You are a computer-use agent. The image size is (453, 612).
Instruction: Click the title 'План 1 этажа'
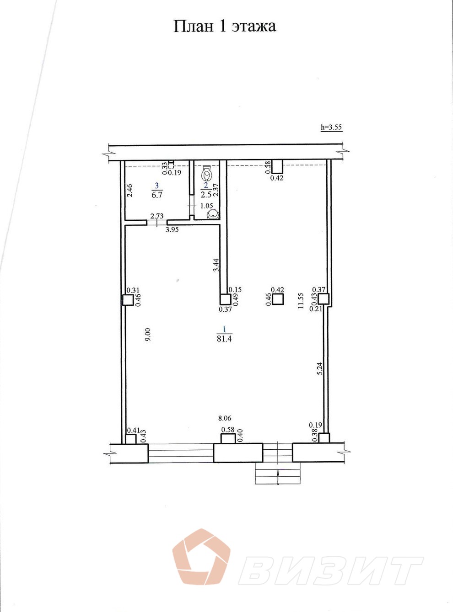click(x=225, y=27)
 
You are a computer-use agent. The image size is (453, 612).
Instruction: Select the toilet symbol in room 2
click(x=207, y=173)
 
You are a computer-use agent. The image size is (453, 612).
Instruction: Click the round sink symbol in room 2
click(x=213, y=214)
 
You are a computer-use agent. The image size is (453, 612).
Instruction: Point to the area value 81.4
click(x=224, y=339)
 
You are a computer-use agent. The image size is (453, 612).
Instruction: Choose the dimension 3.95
click(x=172, y=229)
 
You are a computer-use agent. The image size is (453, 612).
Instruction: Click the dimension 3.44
click(x=216, y=265)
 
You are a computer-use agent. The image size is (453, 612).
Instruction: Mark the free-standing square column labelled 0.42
click(x=278, y=299)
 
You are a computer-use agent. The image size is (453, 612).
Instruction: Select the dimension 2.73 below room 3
click(x=157, y=216)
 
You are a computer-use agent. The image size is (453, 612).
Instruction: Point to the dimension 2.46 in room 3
click(x=131, y=190)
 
